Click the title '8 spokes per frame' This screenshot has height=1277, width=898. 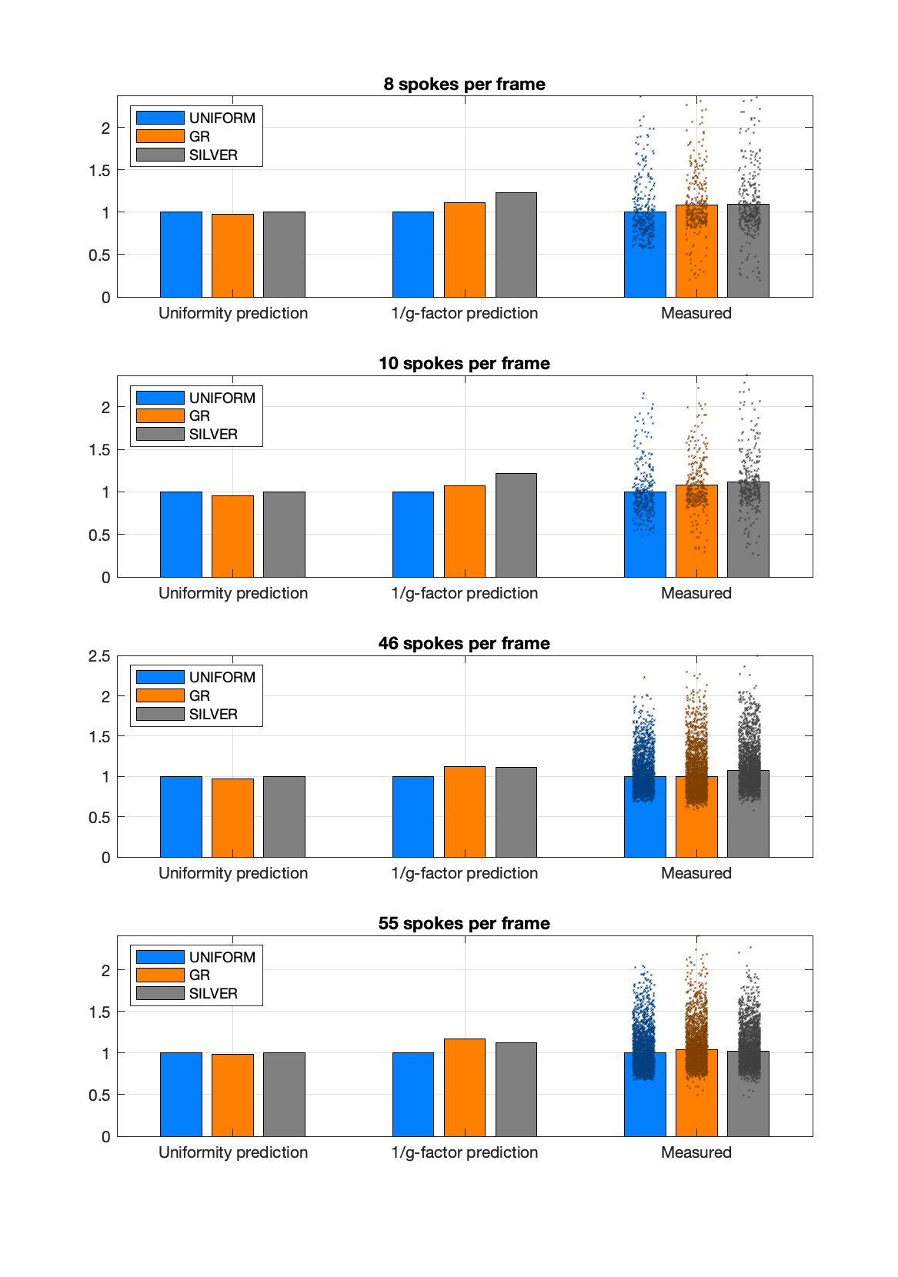(464, 85)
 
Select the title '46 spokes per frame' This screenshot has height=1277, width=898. (464, 644)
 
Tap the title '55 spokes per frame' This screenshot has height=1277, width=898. (464, 924)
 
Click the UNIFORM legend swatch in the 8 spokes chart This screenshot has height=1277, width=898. (160, 118)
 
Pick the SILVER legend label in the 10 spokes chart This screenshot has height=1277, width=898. (213, 435)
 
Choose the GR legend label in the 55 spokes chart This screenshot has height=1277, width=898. (199, 975)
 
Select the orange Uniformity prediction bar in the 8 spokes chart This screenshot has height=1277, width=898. (232, 255)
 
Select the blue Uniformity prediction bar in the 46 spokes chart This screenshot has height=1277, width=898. (181, 816)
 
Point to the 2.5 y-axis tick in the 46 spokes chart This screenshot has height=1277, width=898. (99, 656)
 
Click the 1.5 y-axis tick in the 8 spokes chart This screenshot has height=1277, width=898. (99, 171)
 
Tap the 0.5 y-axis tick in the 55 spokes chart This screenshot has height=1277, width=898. (99, 1095)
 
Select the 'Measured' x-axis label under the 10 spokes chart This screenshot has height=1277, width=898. (696, 593)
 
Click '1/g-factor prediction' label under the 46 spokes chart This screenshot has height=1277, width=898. (464, 873)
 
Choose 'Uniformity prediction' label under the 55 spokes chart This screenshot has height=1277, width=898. (232, 1152)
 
